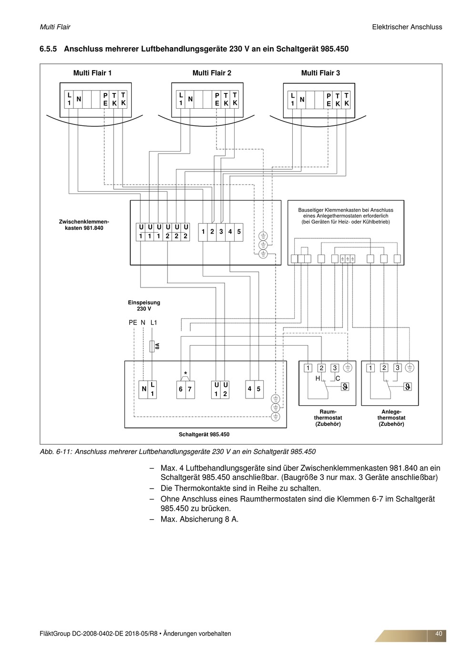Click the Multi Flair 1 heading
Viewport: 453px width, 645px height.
pyautogui.click(x=92, y=73)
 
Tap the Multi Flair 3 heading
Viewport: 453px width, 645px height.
pyautogui.click(x=320, y=73)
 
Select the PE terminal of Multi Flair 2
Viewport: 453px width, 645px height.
pyautogui.click(x=216, y=99)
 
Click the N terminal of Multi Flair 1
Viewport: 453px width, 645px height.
pyautogui.click(x=78, y=99)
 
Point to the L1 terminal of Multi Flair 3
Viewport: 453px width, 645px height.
pyautogui.click(x=293, y=100)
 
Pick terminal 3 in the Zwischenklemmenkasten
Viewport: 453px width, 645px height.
pyautogui.click(x=221, y=232)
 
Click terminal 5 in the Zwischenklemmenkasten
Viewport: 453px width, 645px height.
pyautogui.click(x=239, y=232)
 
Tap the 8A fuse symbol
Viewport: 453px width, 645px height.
pyautogui.click(x=152, y=346)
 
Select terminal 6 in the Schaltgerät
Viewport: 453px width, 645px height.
pyautogui.click(x=181, y=389)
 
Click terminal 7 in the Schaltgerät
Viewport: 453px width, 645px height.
pyautogui.click(x=190, y=389)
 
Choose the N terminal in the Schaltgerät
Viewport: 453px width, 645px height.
pyautogui.click(x=144, y=389)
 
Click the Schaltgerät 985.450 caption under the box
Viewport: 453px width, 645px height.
pyautogui.click(x=204, y=434)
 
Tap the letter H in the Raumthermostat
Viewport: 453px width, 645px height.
pyautogui.click(x=318, y=379)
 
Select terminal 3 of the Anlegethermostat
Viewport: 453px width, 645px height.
pyautogui.click(x=397, y=368)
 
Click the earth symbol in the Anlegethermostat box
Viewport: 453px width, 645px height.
pyautogui.click(x=410, y=368)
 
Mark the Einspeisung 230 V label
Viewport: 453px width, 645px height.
pyautogui.click(x=144, y=306)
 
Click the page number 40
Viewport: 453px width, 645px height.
pyautogui.click(x=439, y=634)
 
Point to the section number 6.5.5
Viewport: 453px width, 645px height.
pyautogui.click(x=48, y=49)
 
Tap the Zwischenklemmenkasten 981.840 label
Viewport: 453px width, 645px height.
pyautogui.click(x=84, y=225)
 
